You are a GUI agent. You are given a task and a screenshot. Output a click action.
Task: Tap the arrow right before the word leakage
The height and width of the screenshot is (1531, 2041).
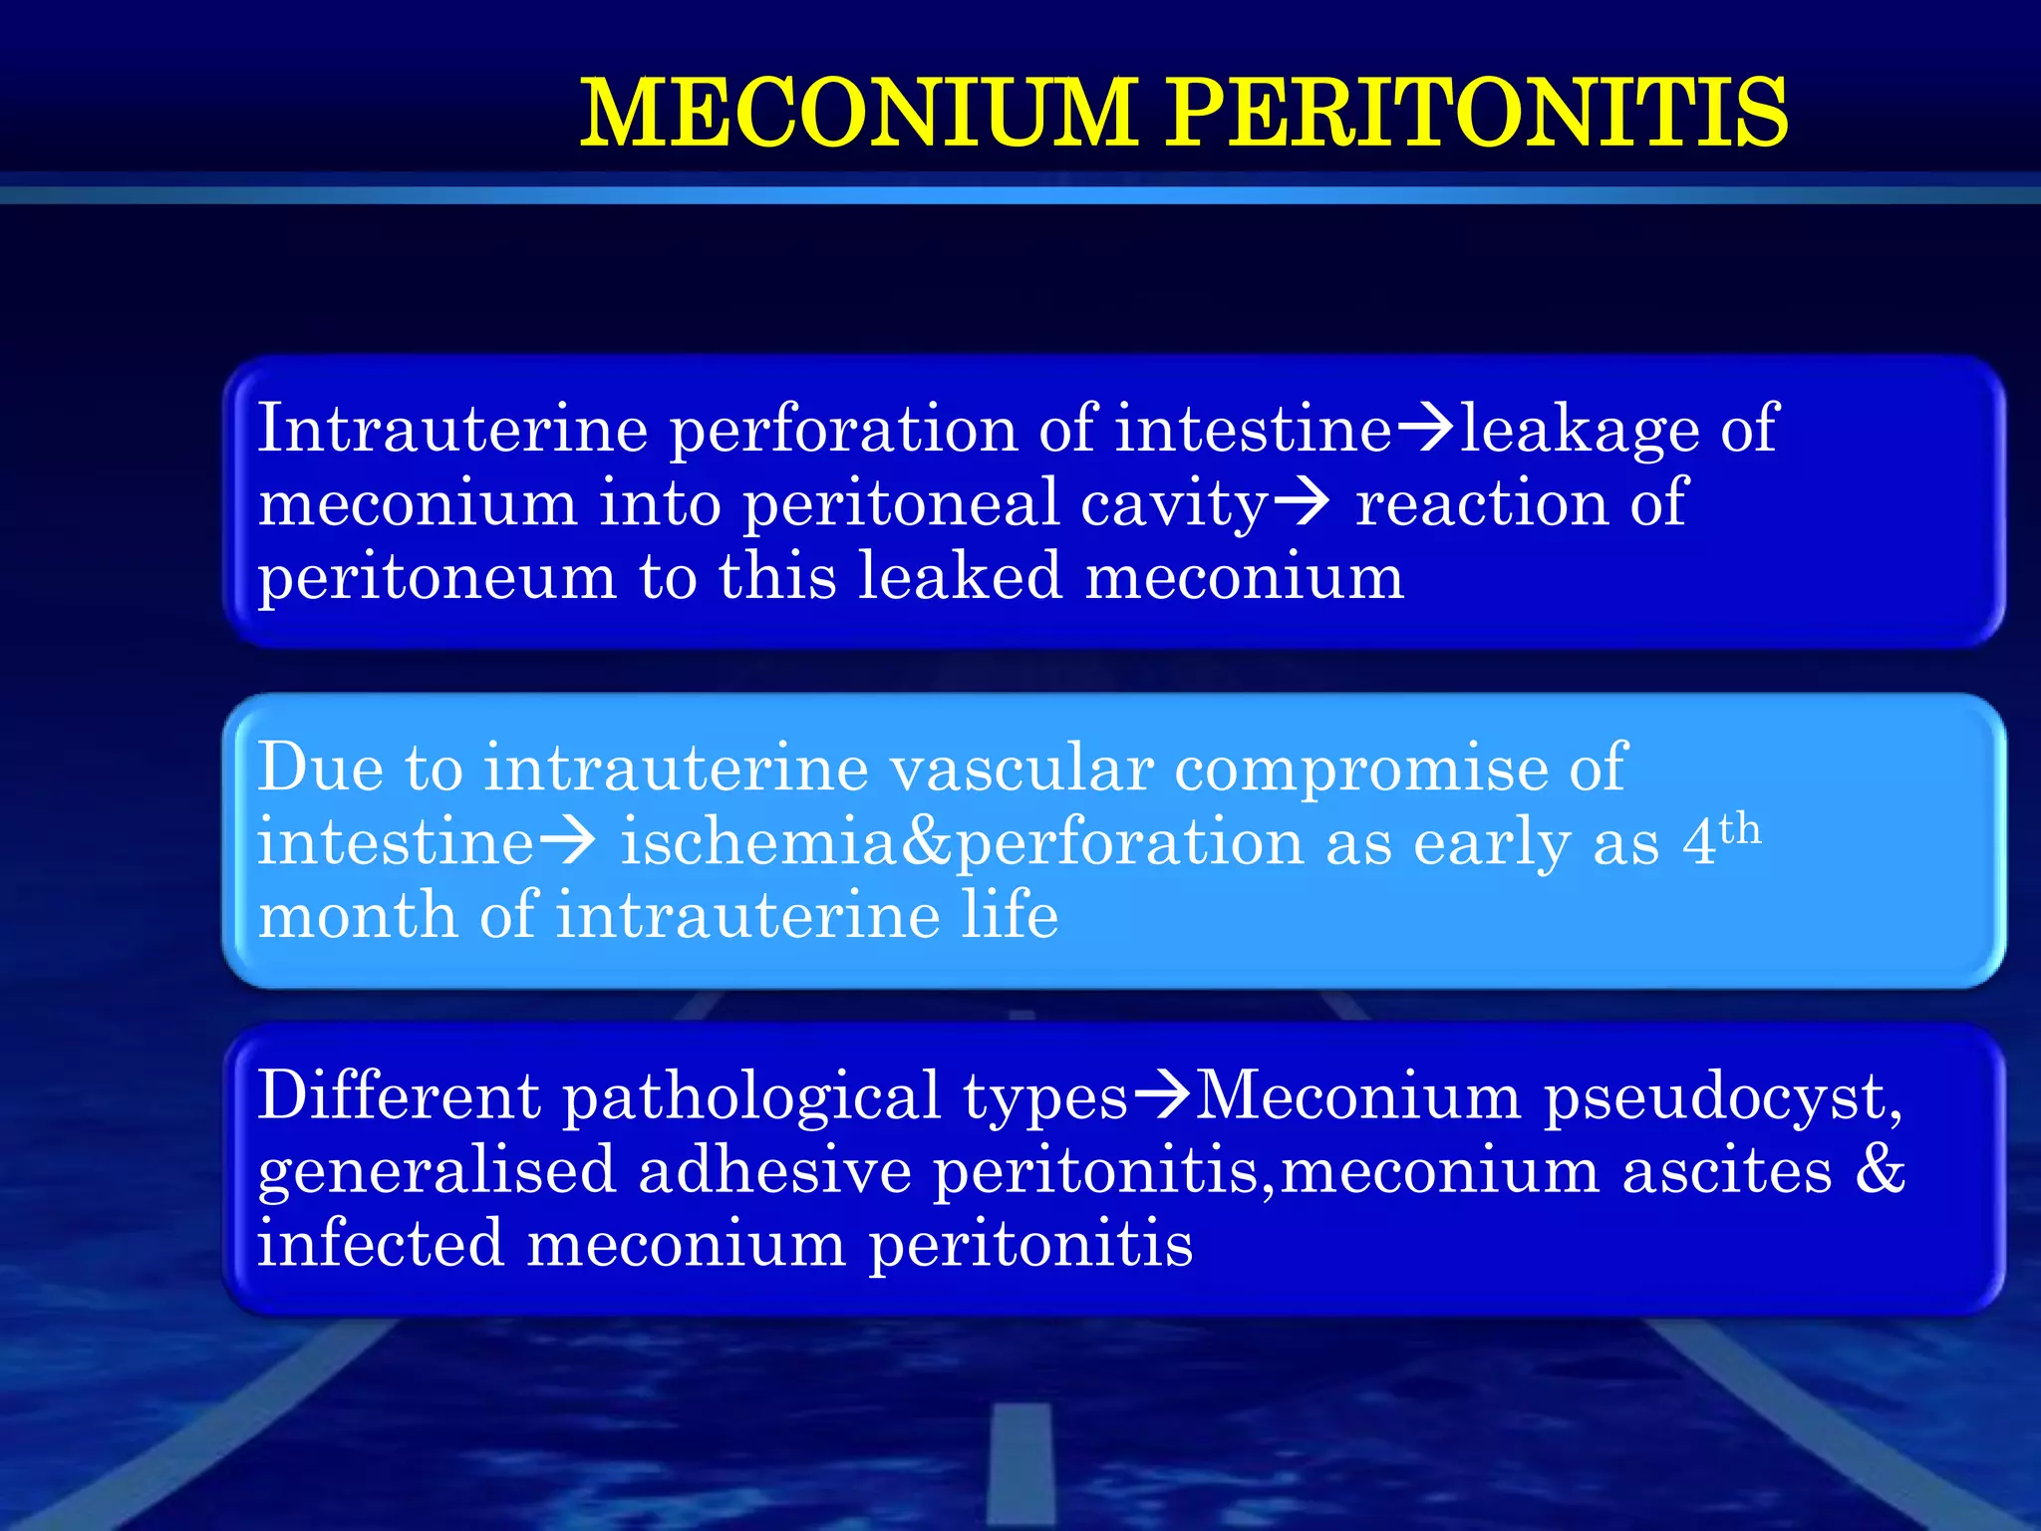coord(1426,430)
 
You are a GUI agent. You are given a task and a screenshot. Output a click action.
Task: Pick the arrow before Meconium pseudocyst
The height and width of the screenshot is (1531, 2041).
coord(1162,1094)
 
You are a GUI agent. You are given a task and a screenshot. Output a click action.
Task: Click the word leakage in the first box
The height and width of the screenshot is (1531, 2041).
coord(1580,430)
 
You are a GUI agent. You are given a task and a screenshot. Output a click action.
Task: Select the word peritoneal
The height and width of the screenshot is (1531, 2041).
coord(901,503)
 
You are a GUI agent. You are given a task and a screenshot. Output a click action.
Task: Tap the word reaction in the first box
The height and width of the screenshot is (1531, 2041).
coord(1481,503)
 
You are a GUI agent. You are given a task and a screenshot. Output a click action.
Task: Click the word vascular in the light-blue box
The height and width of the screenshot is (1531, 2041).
coord(1020,768)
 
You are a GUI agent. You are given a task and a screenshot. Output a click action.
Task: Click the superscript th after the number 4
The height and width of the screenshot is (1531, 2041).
coord(1740,828)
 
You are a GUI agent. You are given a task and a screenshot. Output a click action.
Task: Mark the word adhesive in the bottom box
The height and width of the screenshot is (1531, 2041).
coord(774,1170)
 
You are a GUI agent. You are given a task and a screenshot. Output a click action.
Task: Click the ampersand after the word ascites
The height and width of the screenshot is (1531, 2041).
coord(1880,1168)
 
